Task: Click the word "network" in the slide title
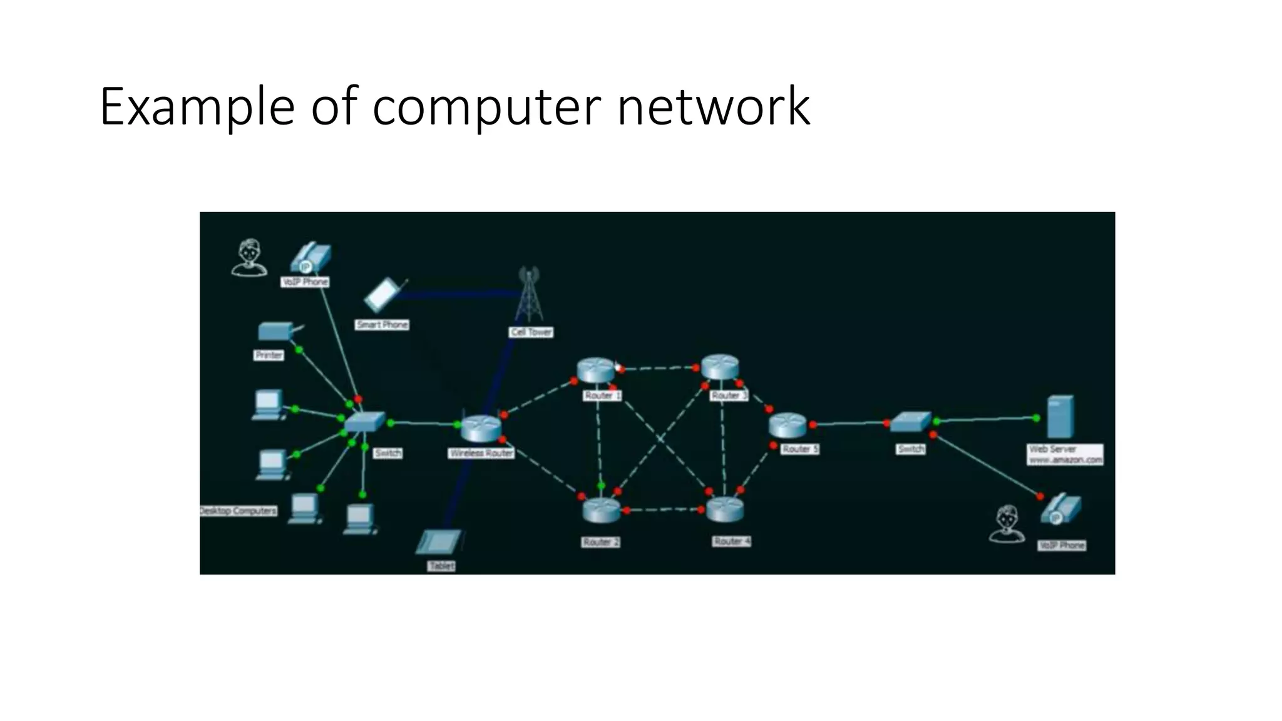click(x=713, y=107)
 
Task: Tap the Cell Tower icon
click(x=529, y=294)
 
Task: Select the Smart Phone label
click(x=382, y=325)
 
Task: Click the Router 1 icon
click(x=596, y=370)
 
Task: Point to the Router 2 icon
click(x=601, y=511)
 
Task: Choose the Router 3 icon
click(x=719, y=367)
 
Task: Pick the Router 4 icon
click(x=725, y=509)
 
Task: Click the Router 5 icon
click(x=788, y=426)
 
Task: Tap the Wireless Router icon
click(x=481, y=429)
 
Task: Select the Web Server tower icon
click(x=1060, y=417)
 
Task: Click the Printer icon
click(x=276, y=331)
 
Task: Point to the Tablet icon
click(x=439, y=542)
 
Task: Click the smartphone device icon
click(x=384, y=295)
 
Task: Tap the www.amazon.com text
click(x=1065, y=460)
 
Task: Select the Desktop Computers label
click(x=238, y=511)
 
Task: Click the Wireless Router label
click(x=481, y=453)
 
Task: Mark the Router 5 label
click(x=800, y=449)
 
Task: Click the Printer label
click(x=269, y=355)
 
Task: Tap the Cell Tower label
click(x=531, y=332)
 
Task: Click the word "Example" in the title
click(x=197, y=107)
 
